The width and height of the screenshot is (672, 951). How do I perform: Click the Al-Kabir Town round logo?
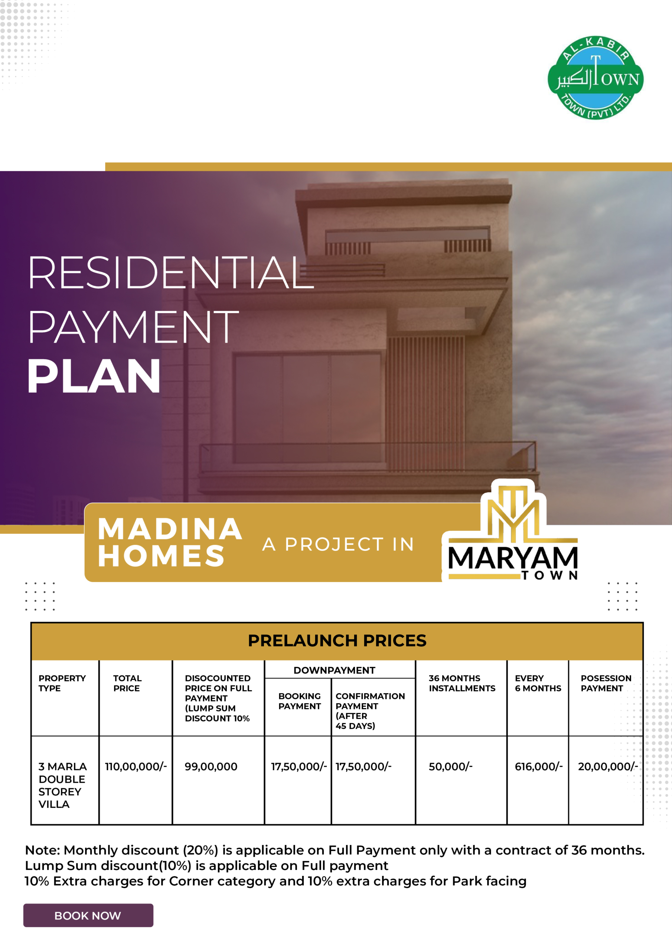(x=596, y=78)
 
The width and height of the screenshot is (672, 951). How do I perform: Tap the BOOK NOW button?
(x=88, y=915)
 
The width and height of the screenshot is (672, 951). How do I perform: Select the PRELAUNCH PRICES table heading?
(x=337, y=640)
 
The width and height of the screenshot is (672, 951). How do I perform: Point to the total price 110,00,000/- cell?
(x=136, y=766)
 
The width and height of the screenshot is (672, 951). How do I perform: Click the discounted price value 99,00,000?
(x=211, y=766)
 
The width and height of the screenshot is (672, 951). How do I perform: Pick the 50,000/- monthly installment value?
(x=450, y=766)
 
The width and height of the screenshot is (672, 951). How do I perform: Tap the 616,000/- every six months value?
(x=539, y=766)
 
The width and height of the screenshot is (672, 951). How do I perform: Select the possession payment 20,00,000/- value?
(x=608, y=766)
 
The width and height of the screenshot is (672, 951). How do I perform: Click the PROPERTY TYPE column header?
(x=62, y=683)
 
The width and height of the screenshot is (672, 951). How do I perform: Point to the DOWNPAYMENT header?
(x=335, y=670)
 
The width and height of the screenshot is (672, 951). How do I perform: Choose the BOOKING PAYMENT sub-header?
(x=300, y=701)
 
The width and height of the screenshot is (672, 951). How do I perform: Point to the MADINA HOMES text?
(x=170, y=542)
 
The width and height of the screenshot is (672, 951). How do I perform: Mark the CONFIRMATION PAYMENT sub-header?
(x=370, y=711)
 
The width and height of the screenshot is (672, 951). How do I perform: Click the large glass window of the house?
(x=307, y=408)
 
